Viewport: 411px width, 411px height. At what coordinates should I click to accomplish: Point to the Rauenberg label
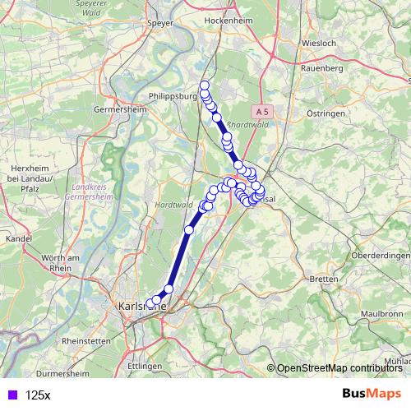(x=321, y=68)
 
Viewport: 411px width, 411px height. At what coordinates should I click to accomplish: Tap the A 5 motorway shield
(x=262, y=110)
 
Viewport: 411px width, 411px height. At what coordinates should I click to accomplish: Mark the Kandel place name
(x=17, y=238)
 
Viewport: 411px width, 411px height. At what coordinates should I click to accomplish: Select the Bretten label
(x=326, y=279)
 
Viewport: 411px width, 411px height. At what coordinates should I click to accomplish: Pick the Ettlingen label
(x=145, y=364)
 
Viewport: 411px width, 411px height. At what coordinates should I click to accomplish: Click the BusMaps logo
(x=371, y=394)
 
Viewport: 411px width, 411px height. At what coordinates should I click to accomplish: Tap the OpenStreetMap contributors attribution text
(x=339, y=369)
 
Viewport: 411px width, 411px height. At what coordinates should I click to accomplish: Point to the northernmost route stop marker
(x=205, y=85)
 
